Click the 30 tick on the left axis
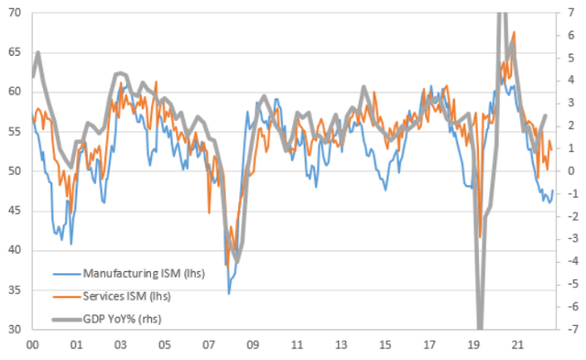coord(16,329)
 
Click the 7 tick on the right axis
coord(571,13)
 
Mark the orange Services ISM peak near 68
coord(514,32)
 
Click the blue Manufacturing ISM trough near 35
coord(229,293)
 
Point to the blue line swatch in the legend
coord(65,273)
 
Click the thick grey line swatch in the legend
coord(65,319)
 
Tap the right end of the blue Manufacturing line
coord(552,191)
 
